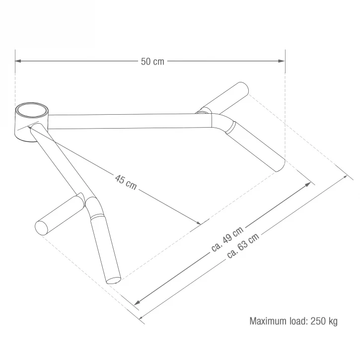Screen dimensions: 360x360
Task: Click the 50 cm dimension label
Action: click(x=152, y=62)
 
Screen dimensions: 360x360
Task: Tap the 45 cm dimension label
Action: click(x=126, y=182)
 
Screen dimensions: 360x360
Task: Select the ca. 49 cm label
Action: click(x=227, y=239)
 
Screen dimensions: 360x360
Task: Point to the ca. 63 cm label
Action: click(x=243, y=245)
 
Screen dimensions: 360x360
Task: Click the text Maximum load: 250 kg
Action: click(x=293, y=321)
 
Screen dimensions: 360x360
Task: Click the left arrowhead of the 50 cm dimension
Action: click(x=18, y=61)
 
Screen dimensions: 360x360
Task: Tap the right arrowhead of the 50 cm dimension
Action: click(x=282, y=61)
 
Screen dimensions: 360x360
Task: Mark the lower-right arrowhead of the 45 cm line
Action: click(x=198, y=222)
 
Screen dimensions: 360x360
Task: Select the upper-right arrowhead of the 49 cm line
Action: click(x=308, y=185)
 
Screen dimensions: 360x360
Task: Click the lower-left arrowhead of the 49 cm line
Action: click(x=137, y=302)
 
